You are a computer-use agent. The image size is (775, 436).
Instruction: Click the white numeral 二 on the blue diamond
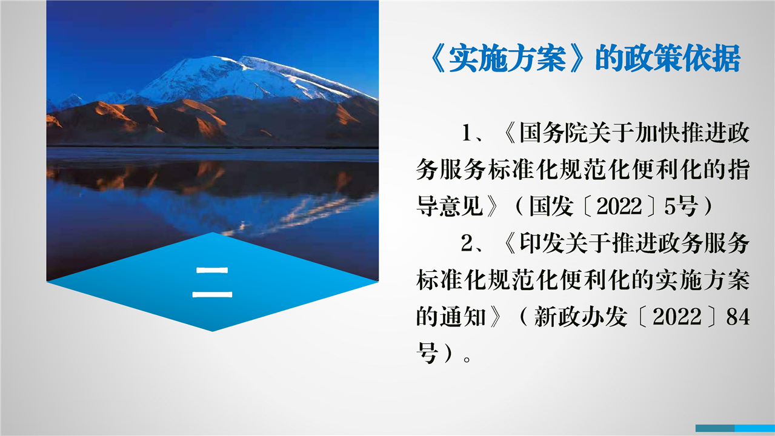(212, 282)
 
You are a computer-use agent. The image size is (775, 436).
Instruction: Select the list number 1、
(473, 133)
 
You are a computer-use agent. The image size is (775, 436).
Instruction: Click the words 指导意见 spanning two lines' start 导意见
(450, 206)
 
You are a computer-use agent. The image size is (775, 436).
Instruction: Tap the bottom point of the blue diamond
(213, 331)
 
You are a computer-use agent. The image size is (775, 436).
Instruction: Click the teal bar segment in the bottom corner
(715, 428)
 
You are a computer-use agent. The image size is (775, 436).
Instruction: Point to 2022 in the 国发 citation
(619, 206)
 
